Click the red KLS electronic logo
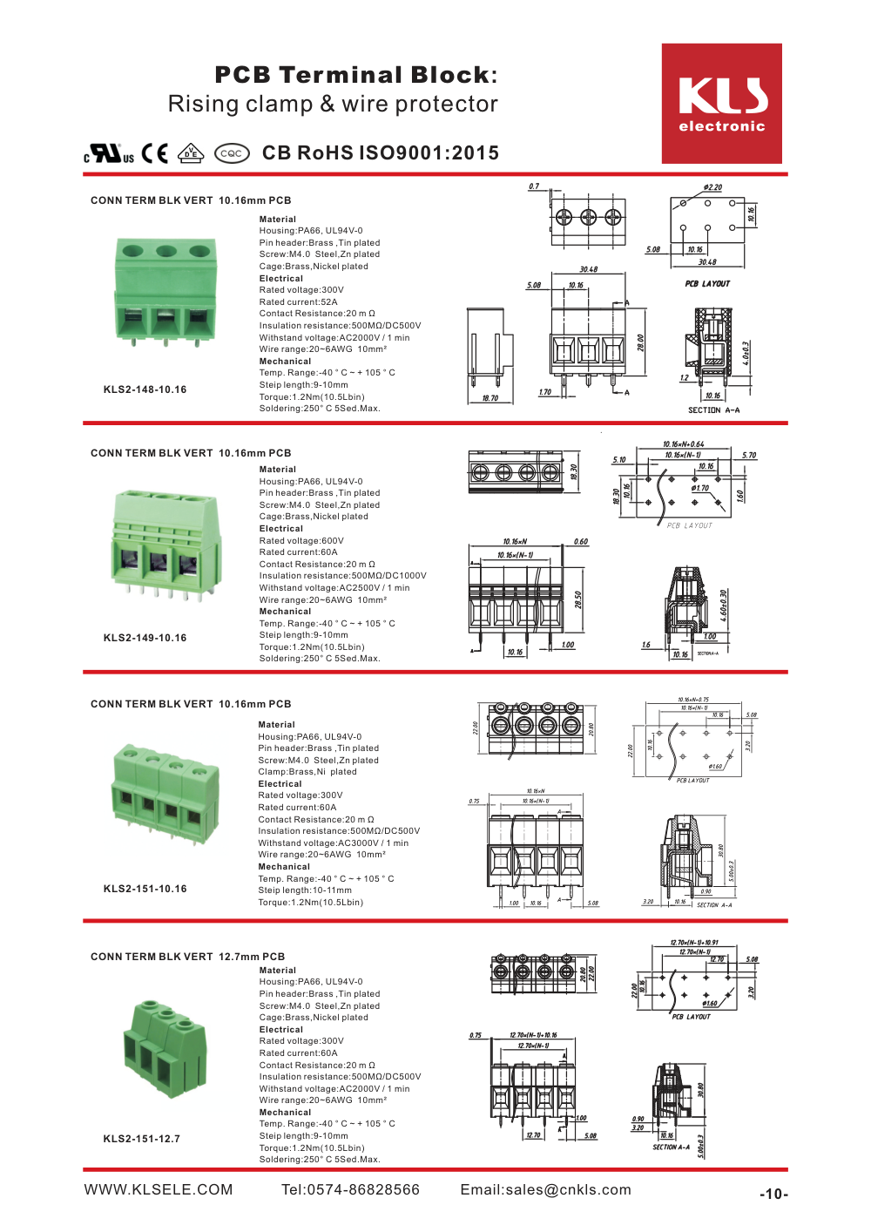tap(721, 104)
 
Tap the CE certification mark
tap(154, 153)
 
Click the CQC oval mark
tap(232, 153)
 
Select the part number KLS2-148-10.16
tap(145, 389)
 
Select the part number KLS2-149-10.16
tap(145, 638)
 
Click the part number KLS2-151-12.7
tap(141, 1139)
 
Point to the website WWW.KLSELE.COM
tap(159, 1190)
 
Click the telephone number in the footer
tap(350, 1190)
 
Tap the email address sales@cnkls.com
tap(545, 1190)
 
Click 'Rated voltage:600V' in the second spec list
tap(301, 541)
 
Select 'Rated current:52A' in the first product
tap(298, 302)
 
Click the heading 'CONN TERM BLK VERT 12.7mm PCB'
tap(187, 957)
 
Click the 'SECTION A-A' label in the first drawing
tap(713, 410)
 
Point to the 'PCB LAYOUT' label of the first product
tap(707, 284)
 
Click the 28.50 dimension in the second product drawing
tap(578, 599)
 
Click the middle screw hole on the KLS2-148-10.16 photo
tap(166, 251)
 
